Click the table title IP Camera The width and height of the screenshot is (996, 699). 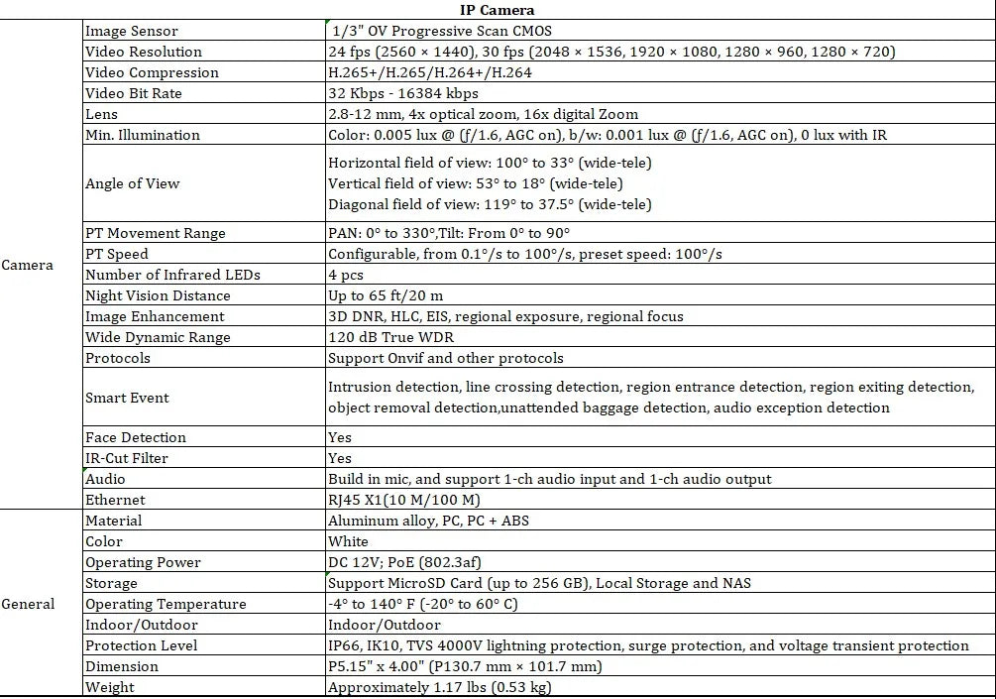pos(498,10)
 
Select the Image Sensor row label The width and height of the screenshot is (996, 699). pos(132,32)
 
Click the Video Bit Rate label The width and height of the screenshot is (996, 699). pos(134,93)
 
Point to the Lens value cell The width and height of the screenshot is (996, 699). pos(483,114)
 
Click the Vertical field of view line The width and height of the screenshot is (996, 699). pos(490,183)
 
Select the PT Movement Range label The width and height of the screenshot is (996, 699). pos(156,233)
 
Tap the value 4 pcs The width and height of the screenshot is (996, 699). pos(346,275)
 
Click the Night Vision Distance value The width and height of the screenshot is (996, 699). pos(386,295)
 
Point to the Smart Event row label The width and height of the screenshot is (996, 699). pos(127,398)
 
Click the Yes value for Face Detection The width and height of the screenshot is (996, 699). pos(340,437)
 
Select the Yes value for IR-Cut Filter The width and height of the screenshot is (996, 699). pos(340,458)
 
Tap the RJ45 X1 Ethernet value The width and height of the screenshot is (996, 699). pos(403,500)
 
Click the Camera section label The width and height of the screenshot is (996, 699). pos(28,265)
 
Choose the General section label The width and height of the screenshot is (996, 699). pos(28,604)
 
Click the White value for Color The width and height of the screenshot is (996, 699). pos(348,541)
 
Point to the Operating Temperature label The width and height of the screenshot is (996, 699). pos(166,604)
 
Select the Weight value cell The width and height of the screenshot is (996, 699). pos(439,687)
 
